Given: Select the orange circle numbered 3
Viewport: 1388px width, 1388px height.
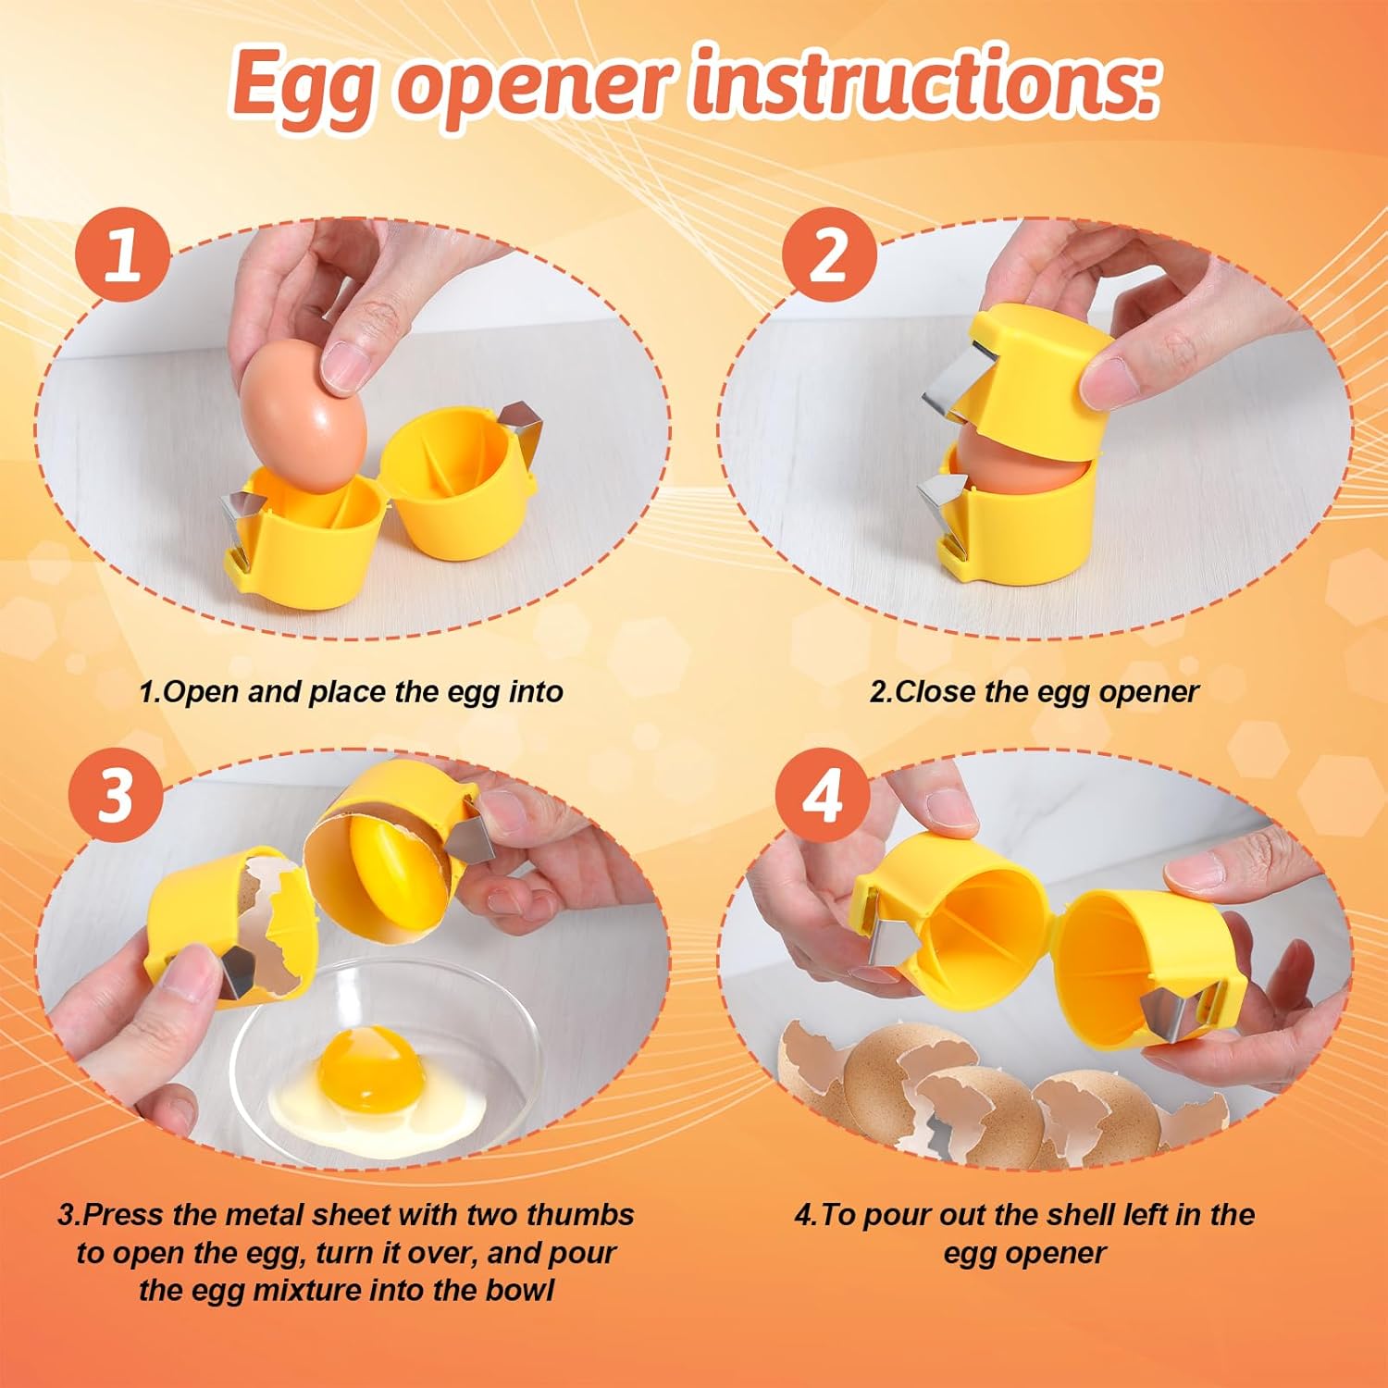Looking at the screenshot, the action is coord(117,794).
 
